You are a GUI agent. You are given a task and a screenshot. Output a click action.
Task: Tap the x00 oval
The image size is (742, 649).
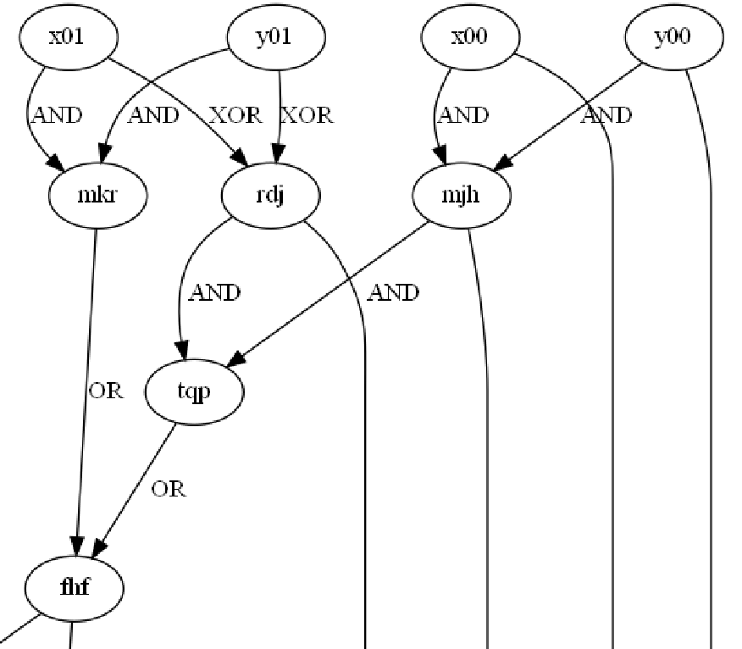pyautogui.click(x=468, y=38)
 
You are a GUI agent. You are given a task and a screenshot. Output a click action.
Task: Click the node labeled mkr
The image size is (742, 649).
pyautogui.click(x=98, y=196)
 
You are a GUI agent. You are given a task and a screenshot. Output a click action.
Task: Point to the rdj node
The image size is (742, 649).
pyautogui.click(x=270, y=196)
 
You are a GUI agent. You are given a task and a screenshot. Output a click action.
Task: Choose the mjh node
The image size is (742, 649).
pyautogui.click(x=462, y=196)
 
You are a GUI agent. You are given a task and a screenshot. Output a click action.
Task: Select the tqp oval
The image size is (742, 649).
pyautogui.click(x=195, y=392)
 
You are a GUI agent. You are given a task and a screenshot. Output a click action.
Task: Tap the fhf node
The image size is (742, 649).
pyautogui.click(x=75, y=587)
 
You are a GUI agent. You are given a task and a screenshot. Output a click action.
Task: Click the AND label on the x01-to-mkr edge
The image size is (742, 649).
pyautogui.click(x=57, y=115)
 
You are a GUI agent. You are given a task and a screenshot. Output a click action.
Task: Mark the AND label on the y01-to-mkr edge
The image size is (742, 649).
pyautogui.click(x=153, y=115)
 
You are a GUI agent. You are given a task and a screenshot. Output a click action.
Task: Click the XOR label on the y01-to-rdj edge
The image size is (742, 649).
pyautogui.click(x=307, y=115)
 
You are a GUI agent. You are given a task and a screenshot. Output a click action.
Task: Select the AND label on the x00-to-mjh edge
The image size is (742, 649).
pyautogui.click(x=464, y=115)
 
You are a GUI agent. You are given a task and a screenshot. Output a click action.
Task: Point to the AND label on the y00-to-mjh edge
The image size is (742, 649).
pyautogui.click(x=606, y=115)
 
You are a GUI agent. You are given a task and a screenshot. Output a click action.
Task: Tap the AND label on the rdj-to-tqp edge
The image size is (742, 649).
pyautogui.click(x=214, y=293)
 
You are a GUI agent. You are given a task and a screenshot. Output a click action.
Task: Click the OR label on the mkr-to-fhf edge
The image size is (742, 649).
pyautogui.click(x=106, y=391)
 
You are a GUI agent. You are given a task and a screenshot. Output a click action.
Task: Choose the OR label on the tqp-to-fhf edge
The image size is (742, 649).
pyautogui.click(x=169, y=489)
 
